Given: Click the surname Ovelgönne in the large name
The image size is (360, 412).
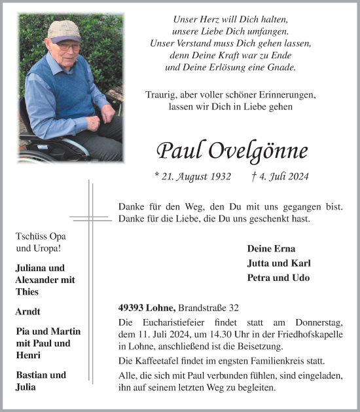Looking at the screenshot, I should (259, 151).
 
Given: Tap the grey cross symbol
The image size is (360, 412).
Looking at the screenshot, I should (90, 215).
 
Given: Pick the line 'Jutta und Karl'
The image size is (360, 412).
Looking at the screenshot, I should (278, 263).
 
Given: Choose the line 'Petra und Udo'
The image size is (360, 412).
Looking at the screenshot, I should (278, 277).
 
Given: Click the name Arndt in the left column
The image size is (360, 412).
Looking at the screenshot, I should (29, 312).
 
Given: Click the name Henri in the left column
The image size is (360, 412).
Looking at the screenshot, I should (28, 354).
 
